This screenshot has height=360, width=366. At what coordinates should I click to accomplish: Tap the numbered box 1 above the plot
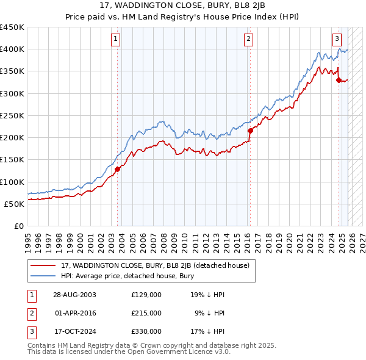point(116,39)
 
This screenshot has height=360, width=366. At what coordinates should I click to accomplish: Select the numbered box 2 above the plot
point(249,39)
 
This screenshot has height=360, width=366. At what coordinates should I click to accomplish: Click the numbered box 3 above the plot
point(337,39)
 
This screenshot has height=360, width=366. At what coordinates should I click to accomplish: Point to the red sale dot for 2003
point(118,169)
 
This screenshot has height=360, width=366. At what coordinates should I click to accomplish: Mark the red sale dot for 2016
point(250,131)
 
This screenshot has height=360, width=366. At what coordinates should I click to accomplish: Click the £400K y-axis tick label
point(12,49)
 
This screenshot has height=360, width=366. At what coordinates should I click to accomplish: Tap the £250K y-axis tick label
point(12,115)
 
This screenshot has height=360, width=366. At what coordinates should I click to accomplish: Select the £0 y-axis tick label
point(18,226)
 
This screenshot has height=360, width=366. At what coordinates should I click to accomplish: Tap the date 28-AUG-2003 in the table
point(74,295)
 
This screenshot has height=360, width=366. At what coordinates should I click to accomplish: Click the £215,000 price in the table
point(146,313)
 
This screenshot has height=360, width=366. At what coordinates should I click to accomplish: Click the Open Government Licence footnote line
point(129,352)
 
